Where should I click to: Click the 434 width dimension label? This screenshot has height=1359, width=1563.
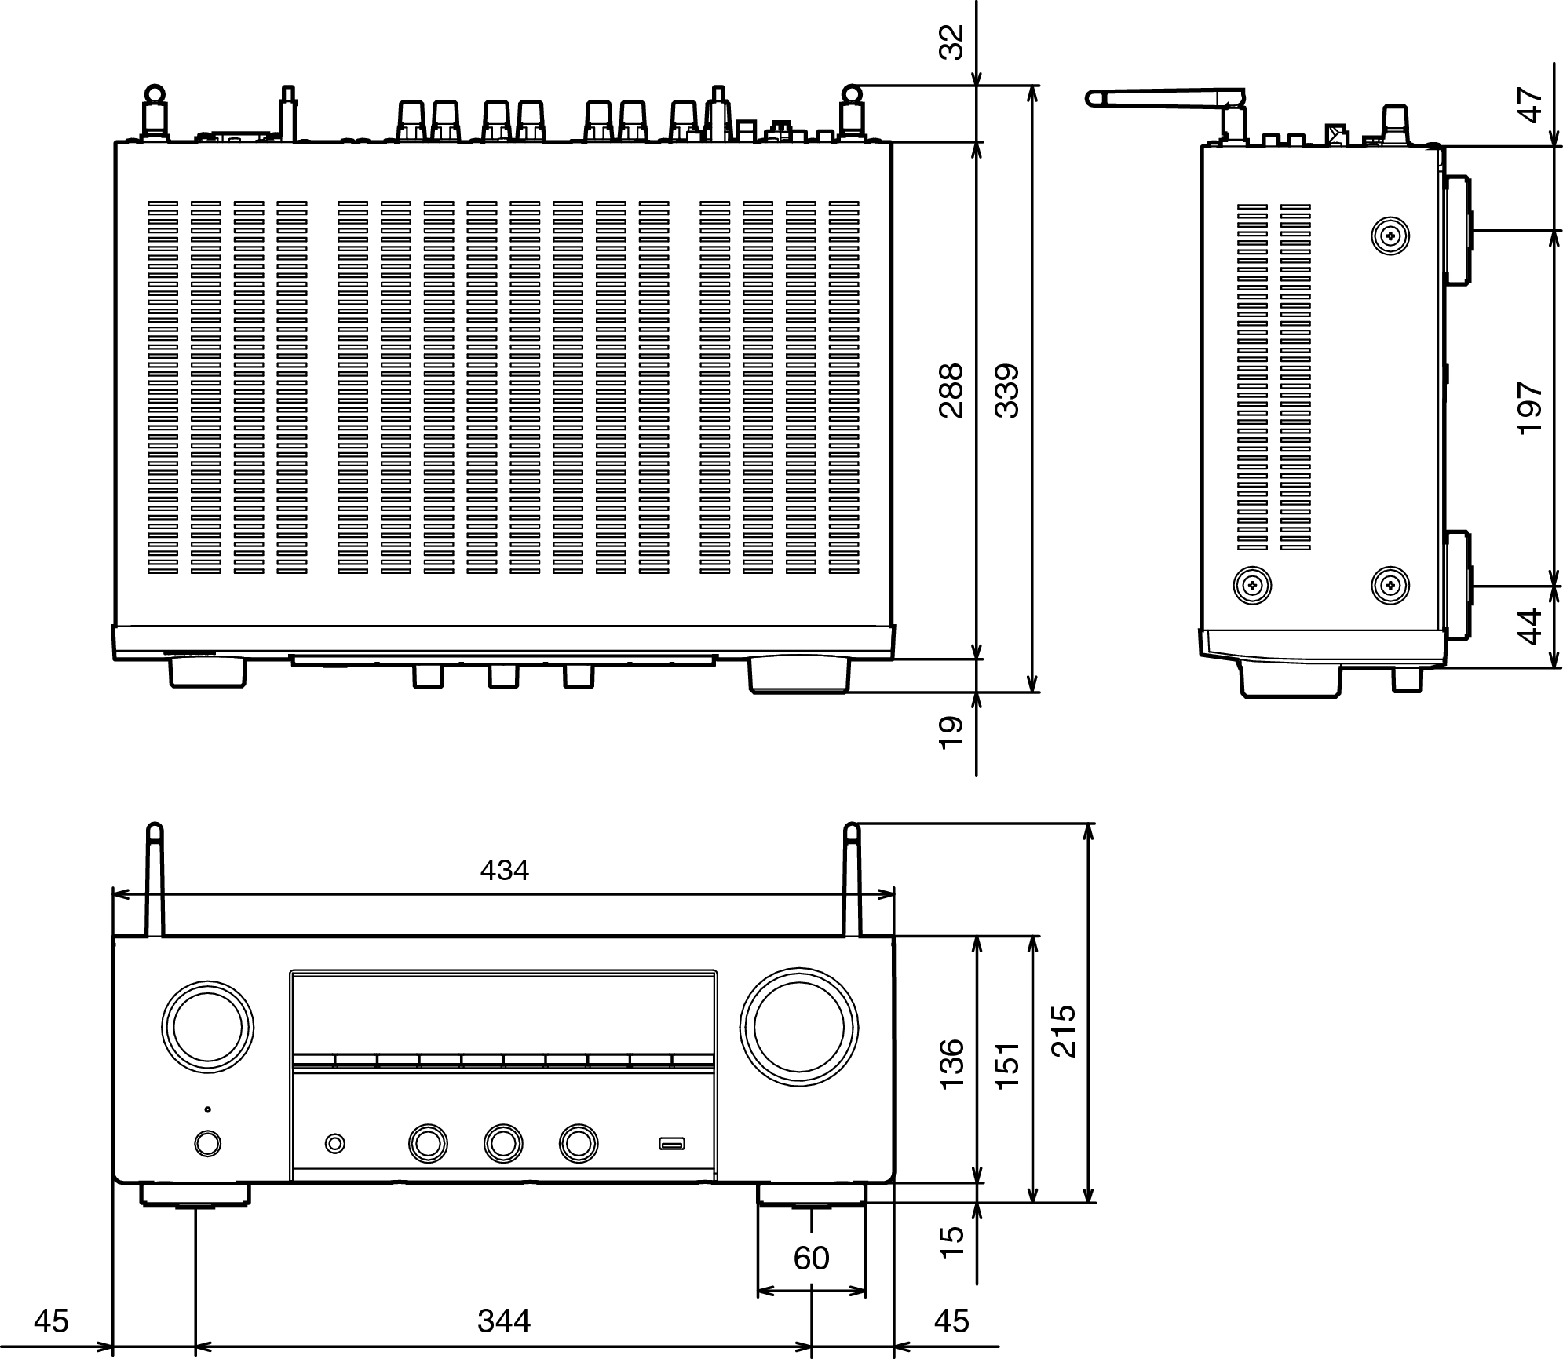(x=504, y=870)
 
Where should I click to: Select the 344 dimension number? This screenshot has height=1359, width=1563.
(x=504, y=1321)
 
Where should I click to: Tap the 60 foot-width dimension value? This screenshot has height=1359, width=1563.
(x=811, y=1259)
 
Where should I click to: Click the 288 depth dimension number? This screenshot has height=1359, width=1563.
(x=951, y=390)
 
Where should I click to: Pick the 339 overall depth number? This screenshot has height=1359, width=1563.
(x=1006, y=390)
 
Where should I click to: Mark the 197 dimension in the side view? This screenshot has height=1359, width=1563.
(x=1531, y=407)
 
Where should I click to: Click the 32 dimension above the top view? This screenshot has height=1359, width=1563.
(x=951, y=42)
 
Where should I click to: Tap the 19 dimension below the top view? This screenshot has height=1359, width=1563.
(x=951, y=732)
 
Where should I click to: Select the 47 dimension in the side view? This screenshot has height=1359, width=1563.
(x=1531, y=105)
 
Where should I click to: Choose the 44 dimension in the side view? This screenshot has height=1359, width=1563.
(x=1531, y=627)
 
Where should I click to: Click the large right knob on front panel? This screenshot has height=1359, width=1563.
(x=798, y=1028)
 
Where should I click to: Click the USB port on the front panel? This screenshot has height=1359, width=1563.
(x=672, y=1143)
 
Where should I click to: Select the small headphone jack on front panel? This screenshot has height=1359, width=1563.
(x=335, y=1143)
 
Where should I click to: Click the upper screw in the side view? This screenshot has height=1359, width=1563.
(x=1390, y=235)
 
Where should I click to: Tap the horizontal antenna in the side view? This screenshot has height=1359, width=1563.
(x=1165, y=97)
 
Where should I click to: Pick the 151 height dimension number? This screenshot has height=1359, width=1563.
(x=1006, y=1065)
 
